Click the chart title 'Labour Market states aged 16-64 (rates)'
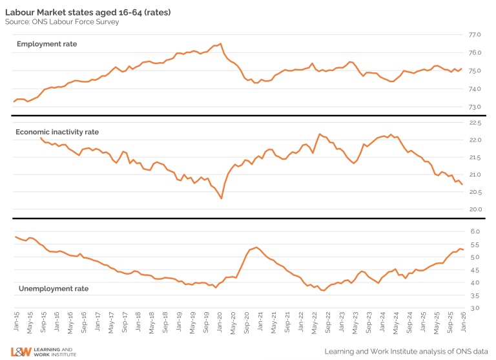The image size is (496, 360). click(x=87, y=12)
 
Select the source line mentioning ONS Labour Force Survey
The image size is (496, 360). click(x=62, y=22)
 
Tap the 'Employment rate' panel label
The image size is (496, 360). click(x=46, y=44)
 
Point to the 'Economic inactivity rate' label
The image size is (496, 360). click(x=57, y=132)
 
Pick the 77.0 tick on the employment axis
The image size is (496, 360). click(x=475, y=35)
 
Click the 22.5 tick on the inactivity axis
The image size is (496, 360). click(x=475, y=123)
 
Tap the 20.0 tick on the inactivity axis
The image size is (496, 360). click(x=475, y=209)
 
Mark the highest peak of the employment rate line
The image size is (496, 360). click(x=221, y=43)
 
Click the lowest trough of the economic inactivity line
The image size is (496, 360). click(x=222, y=198)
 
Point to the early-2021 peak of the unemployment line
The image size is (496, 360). click(x=256, y=247)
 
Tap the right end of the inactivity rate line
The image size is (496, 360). click(x=462, y=185)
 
